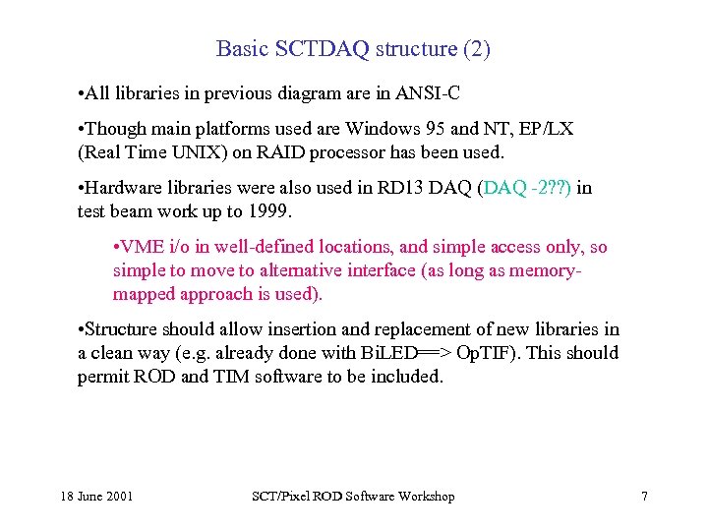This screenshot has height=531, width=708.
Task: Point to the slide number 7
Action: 644,497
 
